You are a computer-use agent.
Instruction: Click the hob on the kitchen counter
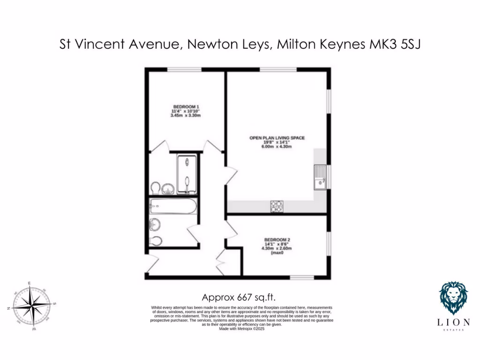pos(277,206)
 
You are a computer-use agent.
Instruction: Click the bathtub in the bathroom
pos(172,207)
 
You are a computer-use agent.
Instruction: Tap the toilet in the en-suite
pos(155,188)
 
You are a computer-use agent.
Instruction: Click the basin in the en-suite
pos(168,189)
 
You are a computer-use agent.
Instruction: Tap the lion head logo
pos(453,298)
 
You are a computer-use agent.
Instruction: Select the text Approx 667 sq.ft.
pos(239,297)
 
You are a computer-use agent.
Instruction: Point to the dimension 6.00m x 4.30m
pos(277,147)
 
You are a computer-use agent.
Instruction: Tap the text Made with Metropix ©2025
pos(242,329)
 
